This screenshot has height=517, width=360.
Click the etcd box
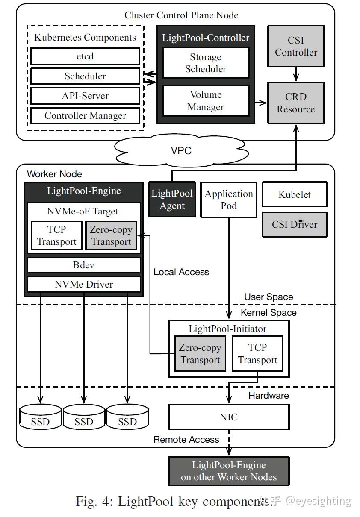(85, 56)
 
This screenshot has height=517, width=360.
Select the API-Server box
(85, 96)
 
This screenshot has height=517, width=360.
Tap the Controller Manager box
(85, 116)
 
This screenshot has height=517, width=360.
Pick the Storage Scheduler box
(206, 63)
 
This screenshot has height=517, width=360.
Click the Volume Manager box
(206, 100)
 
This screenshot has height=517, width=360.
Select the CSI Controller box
(296, 46)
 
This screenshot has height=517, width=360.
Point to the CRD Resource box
(296, 103)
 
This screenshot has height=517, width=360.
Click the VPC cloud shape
(181, 151)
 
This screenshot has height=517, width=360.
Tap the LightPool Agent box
(172, 200)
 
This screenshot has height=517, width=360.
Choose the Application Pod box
(229, 200)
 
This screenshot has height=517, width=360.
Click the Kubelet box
(295, 194)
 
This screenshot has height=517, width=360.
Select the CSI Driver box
(295, 224)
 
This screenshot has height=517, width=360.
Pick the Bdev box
(84, 265)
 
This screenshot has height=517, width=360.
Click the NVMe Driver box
(84, 284)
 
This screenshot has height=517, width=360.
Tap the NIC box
(229, 417)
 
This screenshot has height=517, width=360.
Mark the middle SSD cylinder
(84, 418)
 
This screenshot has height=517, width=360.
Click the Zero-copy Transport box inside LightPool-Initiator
(200, 354)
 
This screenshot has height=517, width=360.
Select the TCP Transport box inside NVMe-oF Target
(56, 235)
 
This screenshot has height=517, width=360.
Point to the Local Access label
(181, 272)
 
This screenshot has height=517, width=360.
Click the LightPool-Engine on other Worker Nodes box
(229, 471)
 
